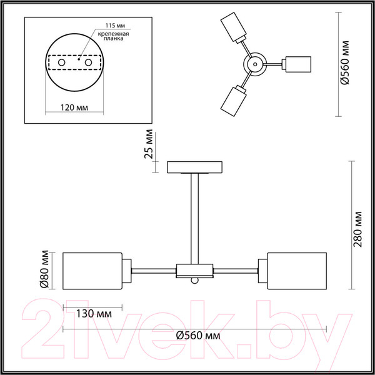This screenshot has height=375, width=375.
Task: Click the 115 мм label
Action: point(115,26)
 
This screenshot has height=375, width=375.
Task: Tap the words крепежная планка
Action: point(113,36)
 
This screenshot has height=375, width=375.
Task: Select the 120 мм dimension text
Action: point(74,107)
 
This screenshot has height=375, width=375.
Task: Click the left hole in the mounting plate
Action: point(61,62)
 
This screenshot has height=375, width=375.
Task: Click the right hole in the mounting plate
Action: point(88,62)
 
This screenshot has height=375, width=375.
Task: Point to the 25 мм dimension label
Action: point(148,144)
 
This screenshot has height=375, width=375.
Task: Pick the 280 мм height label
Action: point(357,229)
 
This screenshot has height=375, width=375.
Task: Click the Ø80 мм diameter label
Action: point(44,269)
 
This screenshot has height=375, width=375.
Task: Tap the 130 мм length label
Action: point(94,314)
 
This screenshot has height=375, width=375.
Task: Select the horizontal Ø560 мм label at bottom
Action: point(198,336)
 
